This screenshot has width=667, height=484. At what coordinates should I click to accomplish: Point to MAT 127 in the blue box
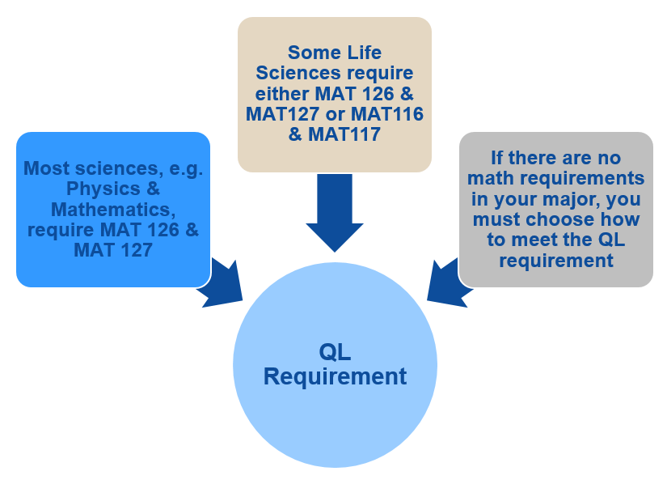113,250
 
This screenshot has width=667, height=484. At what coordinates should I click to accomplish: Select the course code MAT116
386,114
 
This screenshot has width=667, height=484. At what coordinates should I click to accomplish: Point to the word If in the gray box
498,158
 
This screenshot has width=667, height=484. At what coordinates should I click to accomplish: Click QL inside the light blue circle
335,352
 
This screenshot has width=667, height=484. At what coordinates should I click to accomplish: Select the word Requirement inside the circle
335,376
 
